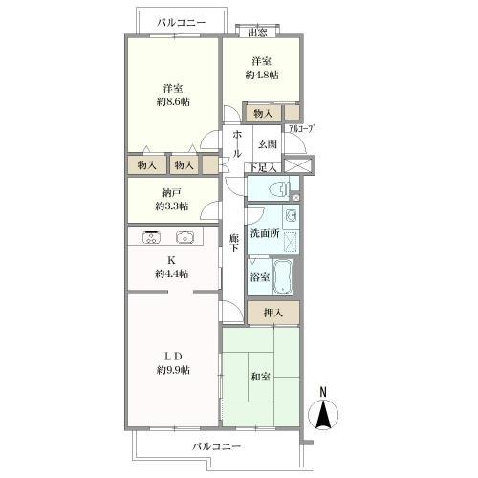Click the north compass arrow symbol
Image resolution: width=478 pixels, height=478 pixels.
pyautogui.click(x=323, y=414)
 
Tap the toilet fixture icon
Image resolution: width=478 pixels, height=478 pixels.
pyautogui.click(x=279, y=190)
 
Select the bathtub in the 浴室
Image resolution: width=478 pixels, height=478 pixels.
pyautogui.click(x=283, y=276)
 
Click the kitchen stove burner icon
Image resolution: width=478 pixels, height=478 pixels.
pyautogui.click(x=151, y=237)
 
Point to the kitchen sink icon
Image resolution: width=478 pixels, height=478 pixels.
pyautogui.click(x=185, y=237)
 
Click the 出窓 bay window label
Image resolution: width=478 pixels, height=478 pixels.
pyautogui.click(x=257, y=33)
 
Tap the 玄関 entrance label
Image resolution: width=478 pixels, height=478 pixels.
pyautogui.click(x=267, y=144)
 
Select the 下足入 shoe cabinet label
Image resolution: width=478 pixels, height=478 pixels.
pyautogui.click(x=262, y=167)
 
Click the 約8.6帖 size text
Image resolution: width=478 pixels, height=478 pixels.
pyautogui.click(x=173, y=102)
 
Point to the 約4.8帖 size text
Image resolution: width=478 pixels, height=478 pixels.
pyautogui.click(x=262, y=76)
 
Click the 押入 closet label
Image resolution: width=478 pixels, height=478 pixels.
pyautogui.click(x=273, y=313)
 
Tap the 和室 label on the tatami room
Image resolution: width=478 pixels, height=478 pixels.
pyautogui.click(x=261, y=377)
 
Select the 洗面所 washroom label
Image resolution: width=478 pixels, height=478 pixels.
pyautogui.click(x=265, y=233)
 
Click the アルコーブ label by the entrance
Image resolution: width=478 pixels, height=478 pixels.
pyautogui.click(x=301, y=128)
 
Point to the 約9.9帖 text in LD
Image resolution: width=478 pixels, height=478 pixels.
pyautogui.click(x=173, y=370)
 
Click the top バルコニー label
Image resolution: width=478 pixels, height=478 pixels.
pyautogui.click(x=182, y=23)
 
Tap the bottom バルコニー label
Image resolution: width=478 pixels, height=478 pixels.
pyautogui.click(x=216, y=446)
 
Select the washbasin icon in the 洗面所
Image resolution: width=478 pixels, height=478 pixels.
pyautogui.click(x=291, y=217)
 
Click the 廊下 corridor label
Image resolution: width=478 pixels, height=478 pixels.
pyautogui.click(x=234, y=243)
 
